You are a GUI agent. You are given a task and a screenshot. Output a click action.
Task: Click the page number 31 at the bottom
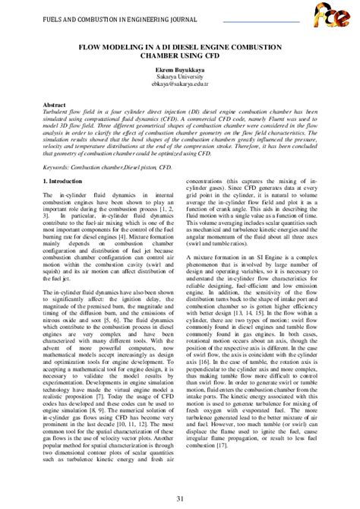(180, 497)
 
